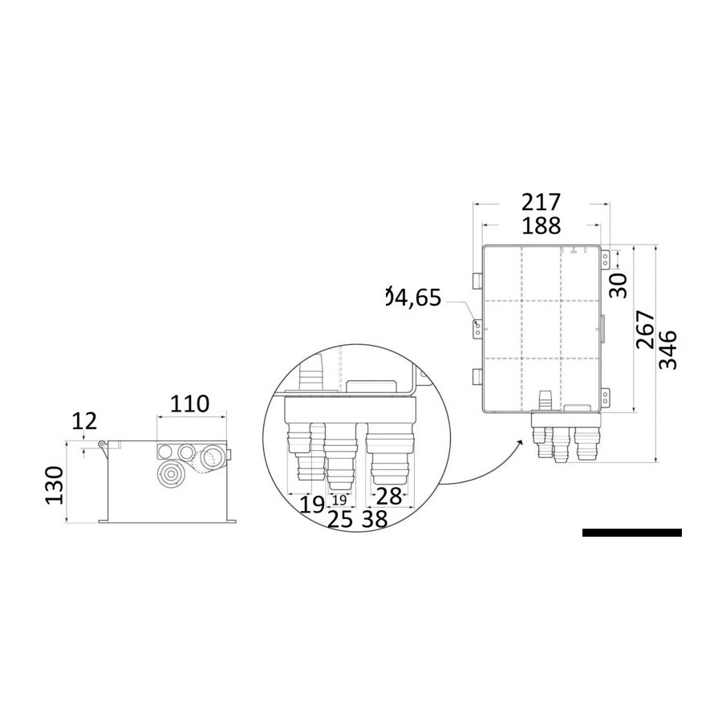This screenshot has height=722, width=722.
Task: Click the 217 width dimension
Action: (x=541, y=203)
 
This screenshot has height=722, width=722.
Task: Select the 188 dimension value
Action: (x=541, y=225)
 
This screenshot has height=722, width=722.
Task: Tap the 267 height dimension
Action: (x=645, y=330)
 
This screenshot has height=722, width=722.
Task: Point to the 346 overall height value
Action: (x=668, y=350)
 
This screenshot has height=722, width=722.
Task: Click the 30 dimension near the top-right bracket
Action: (x=618, y=286)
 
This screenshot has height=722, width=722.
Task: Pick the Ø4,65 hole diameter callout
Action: (x=413, y=298)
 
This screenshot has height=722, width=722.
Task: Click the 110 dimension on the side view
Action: (x=189, y=404)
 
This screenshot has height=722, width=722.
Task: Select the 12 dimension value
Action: (x=84, y=421)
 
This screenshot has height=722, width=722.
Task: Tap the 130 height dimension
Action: (x=55, y=485)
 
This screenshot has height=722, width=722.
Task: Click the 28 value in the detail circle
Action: (x=389, y=496)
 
